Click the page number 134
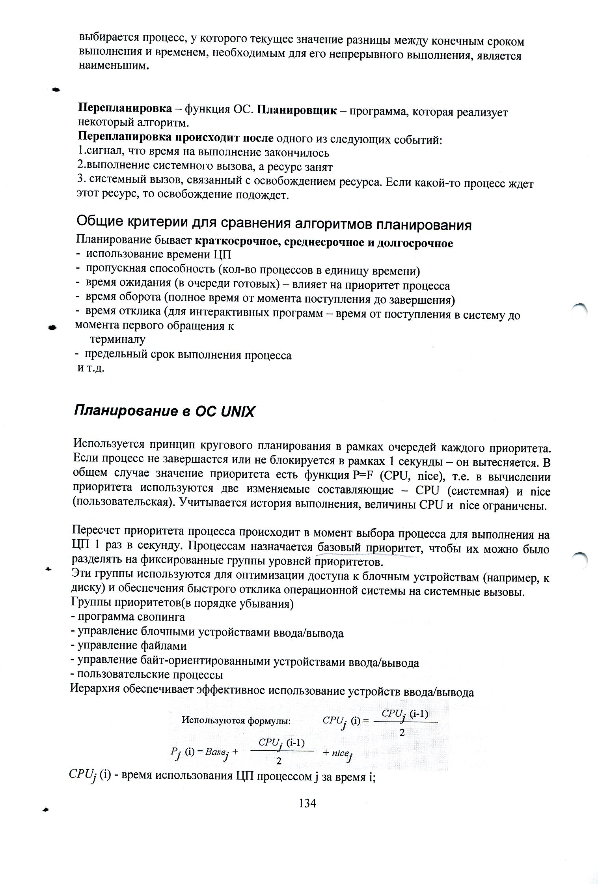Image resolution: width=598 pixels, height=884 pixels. pyautogui.click(x=307, y=803)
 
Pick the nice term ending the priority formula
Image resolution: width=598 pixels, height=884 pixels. pyautogui.click(x=338, y=753)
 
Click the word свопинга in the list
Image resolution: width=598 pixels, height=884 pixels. pyautogui.click(x=162, y=617)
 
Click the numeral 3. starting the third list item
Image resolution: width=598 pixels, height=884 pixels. pyautogui.click(x=81, y=179)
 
